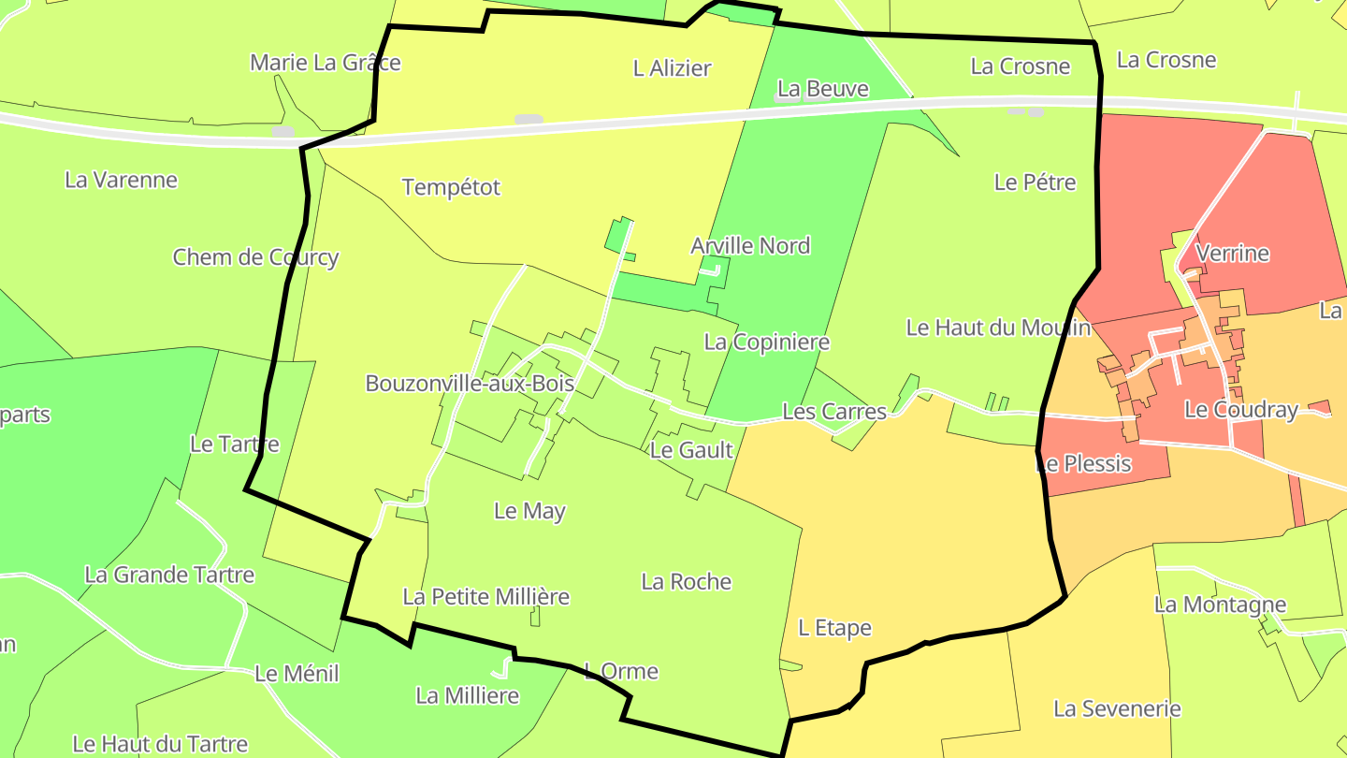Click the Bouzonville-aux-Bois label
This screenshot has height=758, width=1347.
tap(470, 384)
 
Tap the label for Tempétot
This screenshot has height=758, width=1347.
tap(451, 187)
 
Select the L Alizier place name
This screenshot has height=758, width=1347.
tap(672, 68)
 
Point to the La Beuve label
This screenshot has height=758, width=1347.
tap(823, 89)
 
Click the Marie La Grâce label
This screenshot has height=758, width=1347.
tap(325, 63)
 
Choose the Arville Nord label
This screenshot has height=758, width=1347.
tap(750, 246)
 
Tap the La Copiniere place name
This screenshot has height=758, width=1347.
tap(766, 342)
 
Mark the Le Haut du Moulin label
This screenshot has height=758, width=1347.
tap(998, 328)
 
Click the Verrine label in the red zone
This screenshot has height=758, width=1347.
tap(1233, 254)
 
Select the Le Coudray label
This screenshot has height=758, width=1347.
tap(1241, 409)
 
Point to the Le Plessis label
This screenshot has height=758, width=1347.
tap(1085, 463)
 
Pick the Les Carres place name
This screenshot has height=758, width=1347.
tap(833, 412)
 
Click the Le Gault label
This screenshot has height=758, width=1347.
tap(691, 450)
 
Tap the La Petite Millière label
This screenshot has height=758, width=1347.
tap(485, 596)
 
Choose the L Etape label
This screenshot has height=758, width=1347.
tap(834, 628)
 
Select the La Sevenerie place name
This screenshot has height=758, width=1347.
tap(1117, 708)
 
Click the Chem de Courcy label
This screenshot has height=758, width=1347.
tap(255, 257)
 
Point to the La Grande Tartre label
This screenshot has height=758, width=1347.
tap(169, 575)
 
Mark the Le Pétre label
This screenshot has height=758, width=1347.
tap(1035, 182)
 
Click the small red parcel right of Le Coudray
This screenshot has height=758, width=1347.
tap(1320, 407)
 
